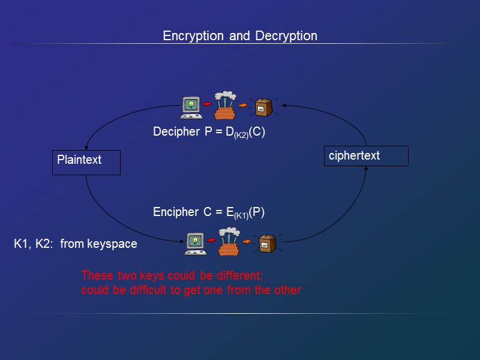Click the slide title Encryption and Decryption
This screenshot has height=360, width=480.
[240, 36]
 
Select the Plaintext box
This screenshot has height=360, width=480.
[86, 163]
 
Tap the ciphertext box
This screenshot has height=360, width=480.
[366, 156]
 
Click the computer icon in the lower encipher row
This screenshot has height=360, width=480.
[195, 243]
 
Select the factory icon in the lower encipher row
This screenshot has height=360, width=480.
[229, 241]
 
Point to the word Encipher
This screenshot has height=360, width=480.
[175, 212]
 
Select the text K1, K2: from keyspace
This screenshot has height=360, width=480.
[76, 244]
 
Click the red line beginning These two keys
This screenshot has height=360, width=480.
[172, 276]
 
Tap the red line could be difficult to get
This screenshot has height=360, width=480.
[191, 290]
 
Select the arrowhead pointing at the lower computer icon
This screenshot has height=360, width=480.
[181, 241]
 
